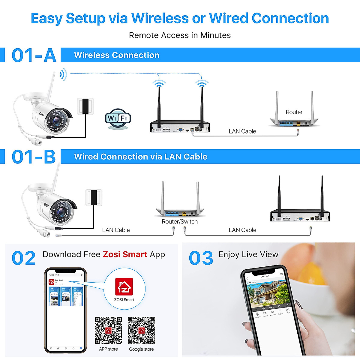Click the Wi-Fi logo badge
pos(118,118)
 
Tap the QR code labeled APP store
pos(108,330)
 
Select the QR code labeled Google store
pos(141,330)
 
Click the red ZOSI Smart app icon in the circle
pos(124,287)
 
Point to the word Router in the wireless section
pos(294,112)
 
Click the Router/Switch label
pos(180,222)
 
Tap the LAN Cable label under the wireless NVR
pos(242,131)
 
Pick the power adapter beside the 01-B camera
pos(94,197)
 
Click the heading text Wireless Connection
pos(117,55)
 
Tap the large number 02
pos(24,258)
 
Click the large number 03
pos(201,258)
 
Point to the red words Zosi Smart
pos(125,254)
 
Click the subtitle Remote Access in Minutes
pos(180,35)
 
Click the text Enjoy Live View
pos(248,254)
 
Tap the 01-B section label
pos(34,157)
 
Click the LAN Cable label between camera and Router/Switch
pos(116,230)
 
